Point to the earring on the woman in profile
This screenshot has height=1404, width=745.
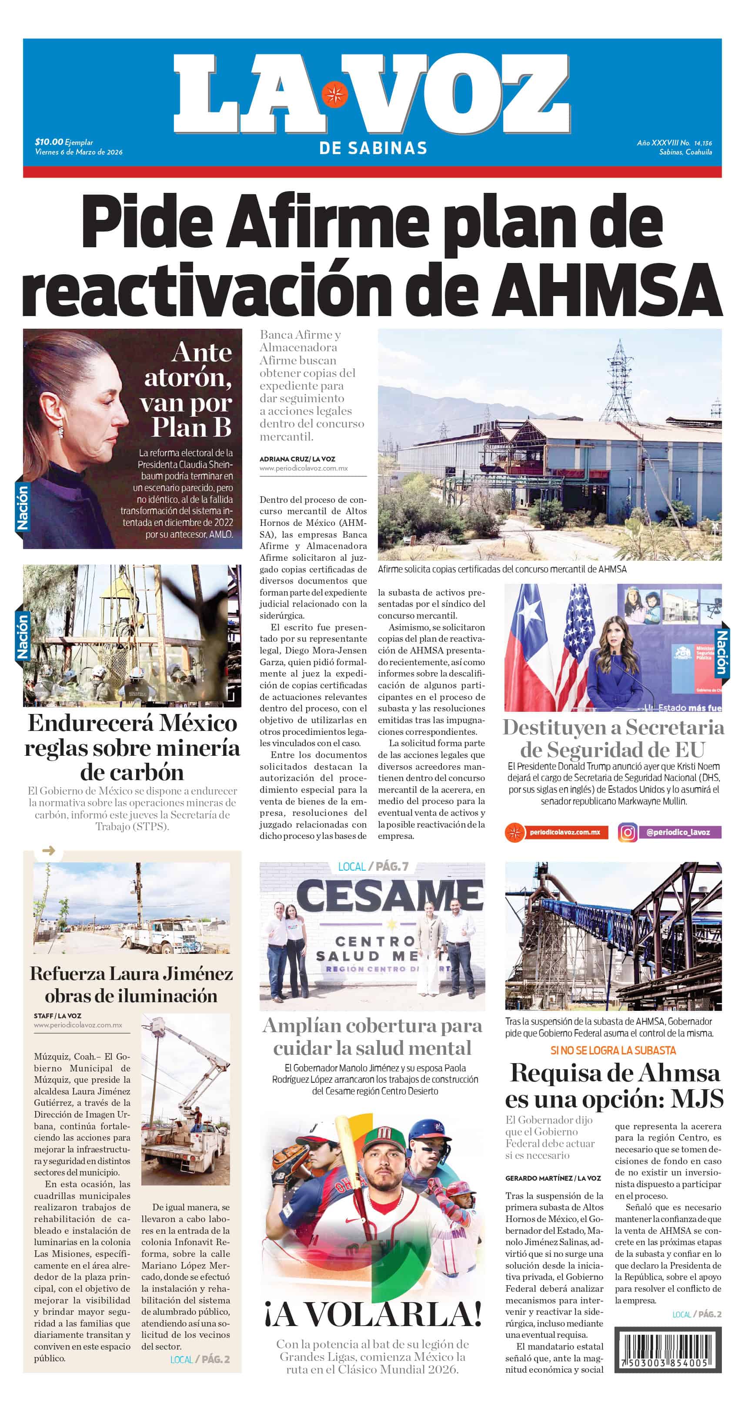coord(61,431)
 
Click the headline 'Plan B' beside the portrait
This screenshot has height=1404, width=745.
coord(191,427)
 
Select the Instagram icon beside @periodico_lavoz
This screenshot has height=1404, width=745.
coord(628,832)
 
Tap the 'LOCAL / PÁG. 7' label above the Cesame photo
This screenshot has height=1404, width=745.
coord(373,867)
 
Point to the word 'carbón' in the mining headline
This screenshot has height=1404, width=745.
coord(132,772)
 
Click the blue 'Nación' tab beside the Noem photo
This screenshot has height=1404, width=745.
coord(722,651)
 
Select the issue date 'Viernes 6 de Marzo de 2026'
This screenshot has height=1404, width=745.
coord(79,152)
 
